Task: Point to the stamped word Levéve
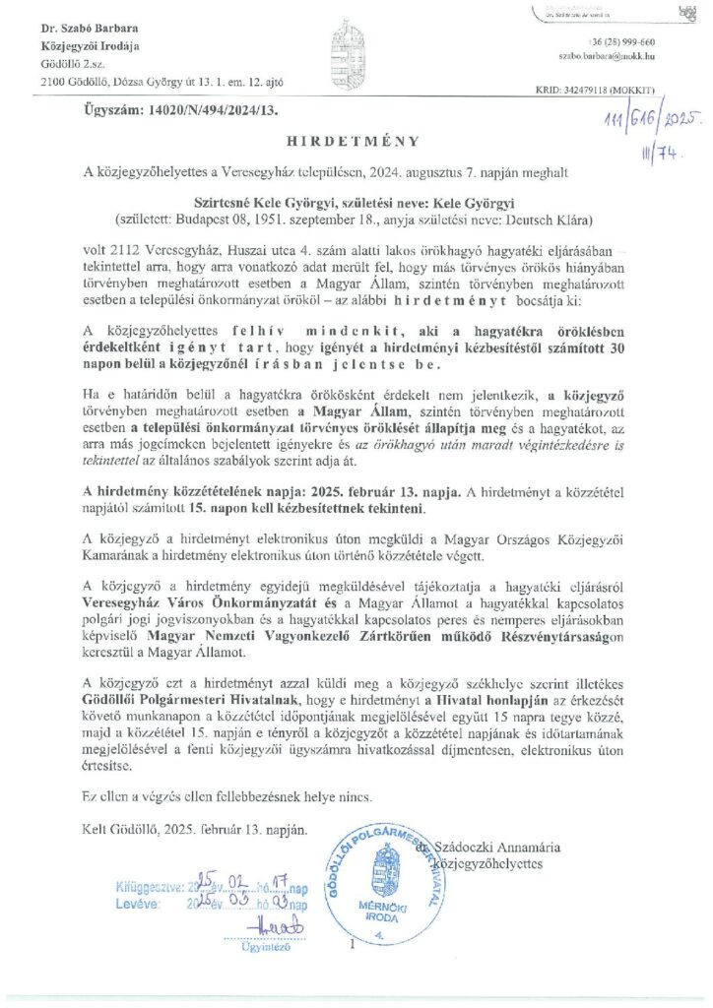tap(136, 904)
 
